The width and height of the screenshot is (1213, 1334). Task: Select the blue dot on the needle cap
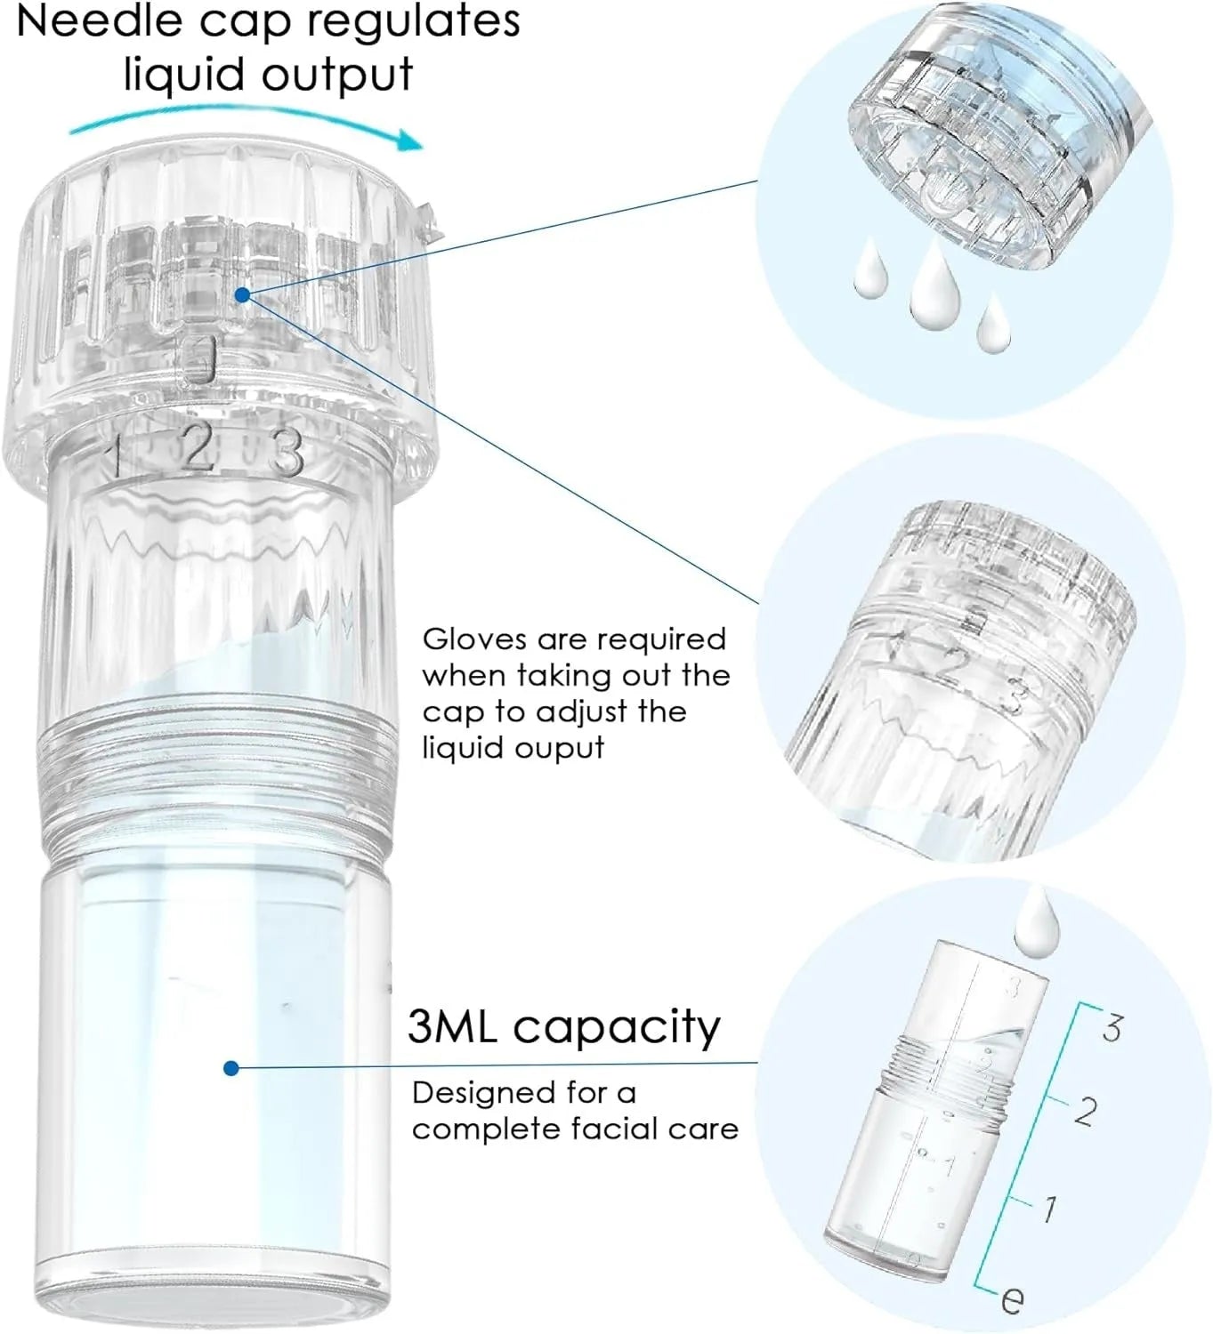point(243,294)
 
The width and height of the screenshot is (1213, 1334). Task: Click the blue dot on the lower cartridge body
point(231,1069)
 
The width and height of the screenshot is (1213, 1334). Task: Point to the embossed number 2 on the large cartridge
point(198,446)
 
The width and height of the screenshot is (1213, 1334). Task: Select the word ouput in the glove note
point(559,750)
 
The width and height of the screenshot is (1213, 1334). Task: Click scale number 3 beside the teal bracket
point(1112,1028)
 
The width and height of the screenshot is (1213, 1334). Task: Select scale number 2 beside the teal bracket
point(1086,1111)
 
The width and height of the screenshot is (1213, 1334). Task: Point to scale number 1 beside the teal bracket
point(1049,1209)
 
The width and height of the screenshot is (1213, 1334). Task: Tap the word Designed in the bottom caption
point(483,1094)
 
